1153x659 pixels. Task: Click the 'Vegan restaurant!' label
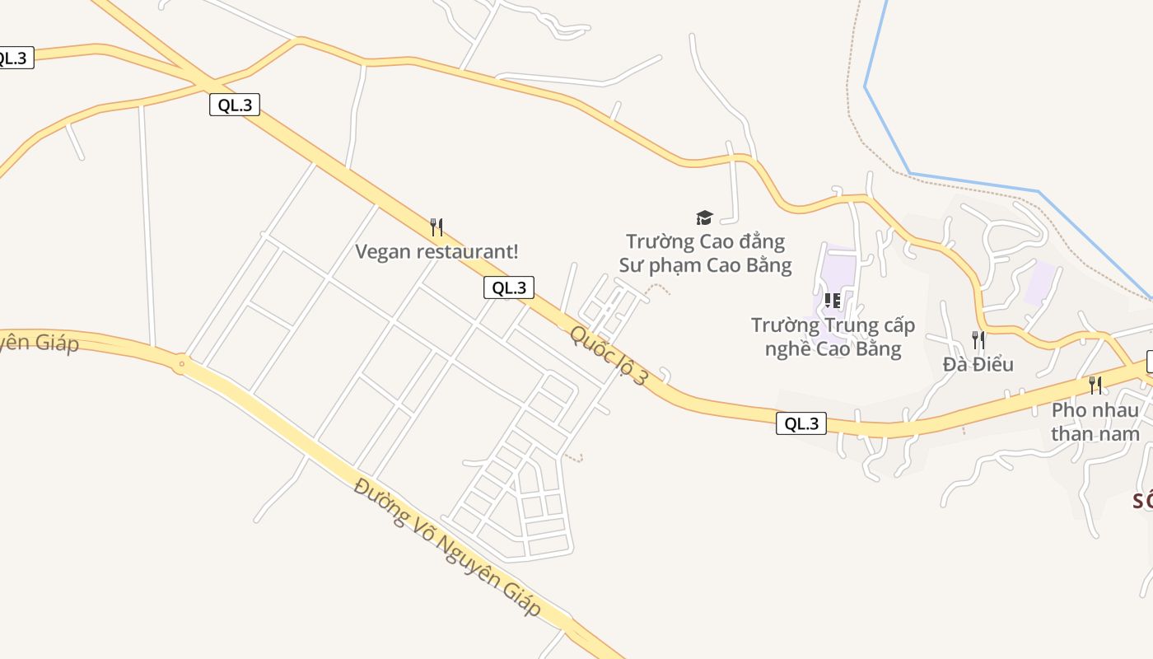tap(436, 251)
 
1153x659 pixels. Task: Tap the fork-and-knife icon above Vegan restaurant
tap(436, 227)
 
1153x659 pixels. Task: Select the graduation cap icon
tap(704, 217)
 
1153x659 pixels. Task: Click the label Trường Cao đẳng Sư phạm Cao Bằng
tap(705, 254)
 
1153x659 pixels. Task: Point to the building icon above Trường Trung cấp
tap(832, 301)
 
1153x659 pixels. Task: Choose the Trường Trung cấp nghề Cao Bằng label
tap(833, 337)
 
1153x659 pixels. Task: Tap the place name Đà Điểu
tap(978, 364)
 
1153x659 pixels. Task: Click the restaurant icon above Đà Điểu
tap(978, 339)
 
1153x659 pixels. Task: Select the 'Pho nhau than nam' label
tap(1095, 421)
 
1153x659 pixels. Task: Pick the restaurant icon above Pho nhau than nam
tap(1095, 385)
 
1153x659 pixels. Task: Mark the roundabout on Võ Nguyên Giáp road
tap(180, 362)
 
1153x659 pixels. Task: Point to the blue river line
tap(972, 182)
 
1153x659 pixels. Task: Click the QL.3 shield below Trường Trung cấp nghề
tap(801, 423)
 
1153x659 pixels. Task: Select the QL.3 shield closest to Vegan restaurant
tap(508, 287)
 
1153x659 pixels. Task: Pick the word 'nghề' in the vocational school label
tap(788, 348)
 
